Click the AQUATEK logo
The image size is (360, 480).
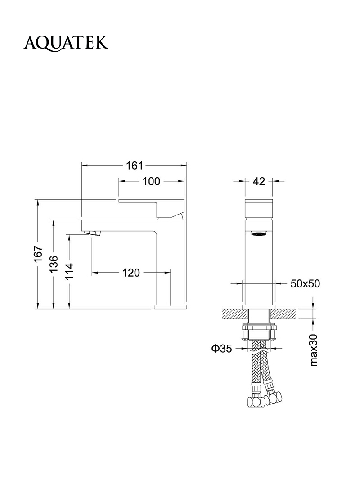click(66, 43)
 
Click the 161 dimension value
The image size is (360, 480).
click(135, 166)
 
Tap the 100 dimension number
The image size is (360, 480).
click(151, 182)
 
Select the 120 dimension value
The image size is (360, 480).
click(131, 273)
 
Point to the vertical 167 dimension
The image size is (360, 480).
click(38, 254)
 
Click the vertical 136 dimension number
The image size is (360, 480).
click(54, 264)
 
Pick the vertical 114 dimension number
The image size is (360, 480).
click(69, 272)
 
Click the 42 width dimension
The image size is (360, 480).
click(259, 182)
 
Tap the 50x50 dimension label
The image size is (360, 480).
click(305, 284)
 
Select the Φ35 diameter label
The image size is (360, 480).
click(222, 348)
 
